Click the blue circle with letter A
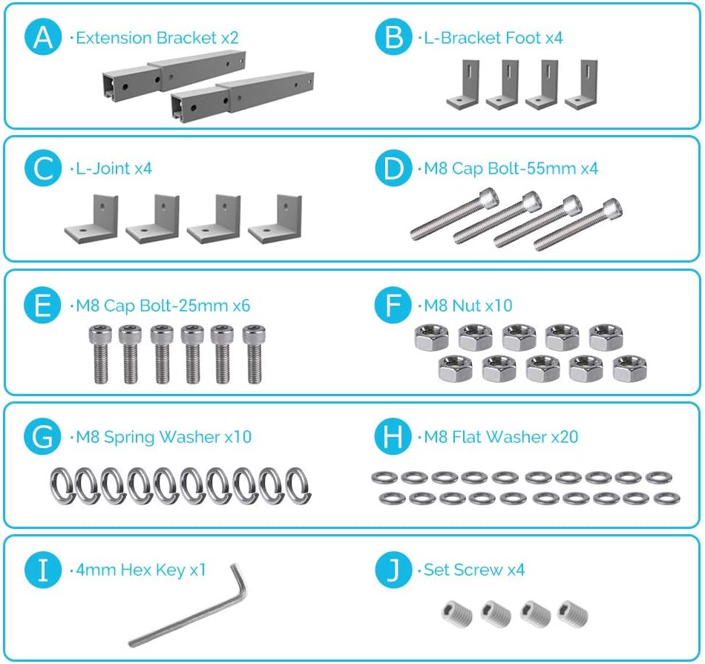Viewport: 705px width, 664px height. (x=43, y=37)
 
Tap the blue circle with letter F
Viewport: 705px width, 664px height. (x=393, y=305)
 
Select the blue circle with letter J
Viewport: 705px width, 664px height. (x=393, y=570)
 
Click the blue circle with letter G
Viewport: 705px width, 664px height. (x=43, y=436)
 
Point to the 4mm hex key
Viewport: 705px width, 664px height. (x=188, y=605)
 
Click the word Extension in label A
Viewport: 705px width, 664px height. (x=114, y=38)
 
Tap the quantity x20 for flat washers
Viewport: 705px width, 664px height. (x=564, y=436)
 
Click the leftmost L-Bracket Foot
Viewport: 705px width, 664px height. (x=462, y=84)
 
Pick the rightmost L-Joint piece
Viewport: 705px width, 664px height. (x=275, y=218)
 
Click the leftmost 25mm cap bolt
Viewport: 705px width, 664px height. (x=101, y=354)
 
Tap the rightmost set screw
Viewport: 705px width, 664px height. (x=572, y=614)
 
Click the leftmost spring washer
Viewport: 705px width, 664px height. (x=62, y=485)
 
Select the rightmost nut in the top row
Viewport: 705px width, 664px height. (x=606, y=337)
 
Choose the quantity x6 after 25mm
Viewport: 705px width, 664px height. (x=241, y=306)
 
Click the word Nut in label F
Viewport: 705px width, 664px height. (x=467, y=306)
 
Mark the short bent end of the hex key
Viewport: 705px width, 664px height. (x=238, y=580)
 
